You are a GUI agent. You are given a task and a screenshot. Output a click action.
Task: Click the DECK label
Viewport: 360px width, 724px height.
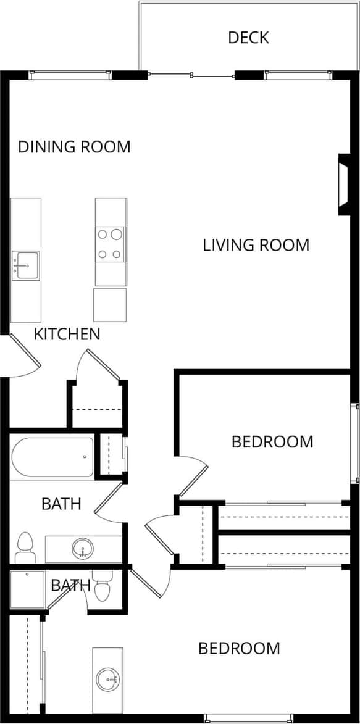click(248, 38)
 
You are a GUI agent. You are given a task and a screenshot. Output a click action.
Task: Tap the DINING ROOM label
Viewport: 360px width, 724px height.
click(74, 147)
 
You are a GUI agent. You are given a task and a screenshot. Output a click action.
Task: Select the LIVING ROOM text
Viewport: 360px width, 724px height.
click(256, 245)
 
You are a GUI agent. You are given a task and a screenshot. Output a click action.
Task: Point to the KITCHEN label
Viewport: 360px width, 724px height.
click(67, 335)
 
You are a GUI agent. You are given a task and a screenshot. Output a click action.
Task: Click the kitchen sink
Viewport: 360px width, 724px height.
click(25, 265)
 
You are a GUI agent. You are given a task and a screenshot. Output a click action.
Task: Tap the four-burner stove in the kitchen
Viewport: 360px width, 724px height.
click(110, 244)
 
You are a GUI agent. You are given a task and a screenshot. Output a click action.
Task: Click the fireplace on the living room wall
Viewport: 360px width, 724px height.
click(344, 185)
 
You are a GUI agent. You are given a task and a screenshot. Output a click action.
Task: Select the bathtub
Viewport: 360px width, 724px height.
click(52, 457)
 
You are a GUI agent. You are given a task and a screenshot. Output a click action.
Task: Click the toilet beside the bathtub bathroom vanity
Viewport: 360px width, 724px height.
click(25, 547)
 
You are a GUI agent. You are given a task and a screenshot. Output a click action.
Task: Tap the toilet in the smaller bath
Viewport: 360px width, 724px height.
click(103, 588)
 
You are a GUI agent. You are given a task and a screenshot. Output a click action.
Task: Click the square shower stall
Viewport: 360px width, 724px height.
click(28, 589)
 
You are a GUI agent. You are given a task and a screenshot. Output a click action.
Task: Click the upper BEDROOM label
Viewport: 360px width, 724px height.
click(272, 442)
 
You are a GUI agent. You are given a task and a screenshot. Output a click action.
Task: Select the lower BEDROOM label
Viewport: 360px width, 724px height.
click(239, 649)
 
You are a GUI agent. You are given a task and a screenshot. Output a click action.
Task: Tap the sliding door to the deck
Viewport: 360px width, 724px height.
click(191, 76)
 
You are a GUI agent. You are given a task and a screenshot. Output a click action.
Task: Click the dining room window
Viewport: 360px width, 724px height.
click(70, 75)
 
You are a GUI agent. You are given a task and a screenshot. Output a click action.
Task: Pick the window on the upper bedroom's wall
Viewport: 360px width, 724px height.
click(355, 443)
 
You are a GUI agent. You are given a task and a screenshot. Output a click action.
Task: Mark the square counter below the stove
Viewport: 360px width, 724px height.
click(110, 304)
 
